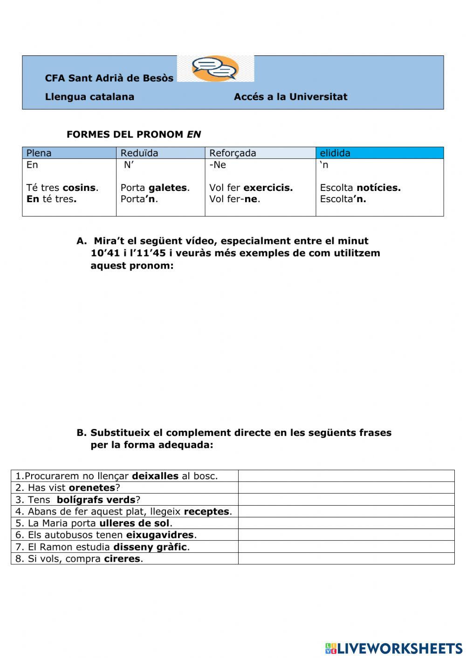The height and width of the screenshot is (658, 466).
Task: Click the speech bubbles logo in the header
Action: point(215,69)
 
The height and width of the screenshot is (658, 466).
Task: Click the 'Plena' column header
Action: point(39,153)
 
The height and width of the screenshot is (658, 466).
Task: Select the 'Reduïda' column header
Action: point(139,153)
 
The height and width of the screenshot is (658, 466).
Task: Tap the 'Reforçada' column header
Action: point(233,153)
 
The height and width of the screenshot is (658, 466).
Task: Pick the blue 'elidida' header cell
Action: point(379,153)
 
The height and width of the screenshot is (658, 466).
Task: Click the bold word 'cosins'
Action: point(79,188)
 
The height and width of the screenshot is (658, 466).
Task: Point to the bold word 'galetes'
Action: point(168,188)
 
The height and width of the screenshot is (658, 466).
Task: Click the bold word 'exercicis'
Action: point(267,188)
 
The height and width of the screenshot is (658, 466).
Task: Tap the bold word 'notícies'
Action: point(378,188)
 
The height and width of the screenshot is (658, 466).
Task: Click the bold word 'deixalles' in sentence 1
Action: point(155,476)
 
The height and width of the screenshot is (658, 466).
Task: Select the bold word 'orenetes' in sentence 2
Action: point(92,488)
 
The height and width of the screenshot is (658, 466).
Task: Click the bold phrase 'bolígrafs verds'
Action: point(96,500)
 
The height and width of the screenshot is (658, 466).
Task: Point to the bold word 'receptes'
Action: point(206,511)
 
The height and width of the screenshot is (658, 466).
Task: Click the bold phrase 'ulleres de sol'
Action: point(134,523)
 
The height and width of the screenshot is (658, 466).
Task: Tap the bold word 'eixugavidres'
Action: point(160,535)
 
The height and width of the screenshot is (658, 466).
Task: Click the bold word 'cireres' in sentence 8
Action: point(122,558)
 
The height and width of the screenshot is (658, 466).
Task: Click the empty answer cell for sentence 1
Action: point(346,476)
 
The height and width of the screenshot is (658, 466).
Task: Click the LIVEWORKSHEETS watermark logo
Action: point(394,648)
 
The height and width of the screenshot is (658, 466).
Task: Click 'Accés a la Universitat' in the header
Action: point(290,97)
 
